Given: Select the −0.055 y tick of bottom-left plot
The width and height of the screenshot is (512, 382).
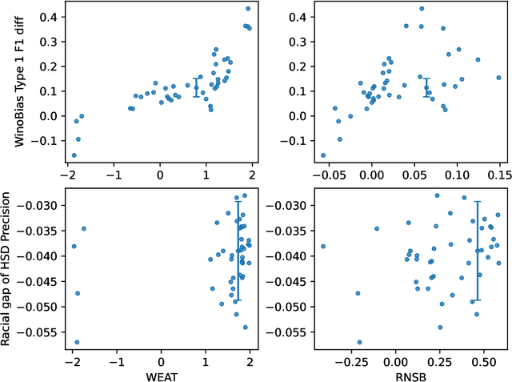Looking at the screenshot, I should pos(40,332).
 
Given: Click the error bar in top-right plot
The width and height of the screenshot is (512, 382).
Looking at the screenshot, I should pos(426,87).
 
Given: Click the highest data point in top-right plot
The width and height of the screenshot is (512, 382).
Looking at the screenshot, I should pos(422,9).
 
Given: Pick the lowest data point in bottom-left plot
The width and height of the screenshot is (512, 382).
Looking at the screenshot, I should pos(77,342).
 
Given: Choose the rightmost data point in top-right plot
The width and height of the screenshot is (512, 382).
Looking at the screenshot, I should pos(498,78).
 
